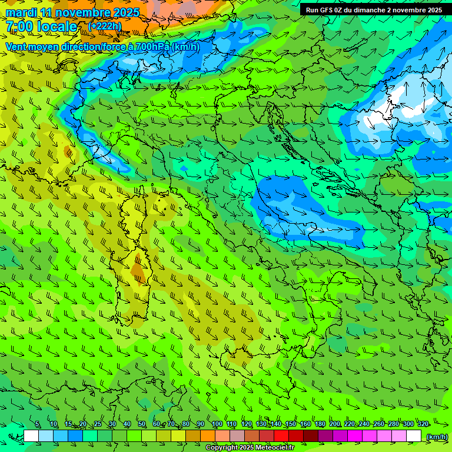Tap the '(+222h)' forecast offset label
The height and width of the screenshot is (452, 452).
pyautogui.click(x=105, y=26)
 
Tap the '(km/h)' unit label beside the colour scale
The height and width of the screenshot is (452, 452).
pyautogui.click(x=437, y=437)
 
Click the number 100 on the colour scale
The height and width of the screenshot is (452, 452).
pyautogui.click(x=217, y=424)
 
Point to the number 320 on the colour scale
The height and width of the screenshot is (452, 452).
pyautogui.click(x=423, y=424)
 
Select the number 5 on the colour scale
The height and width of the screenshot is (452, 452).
pyautogui.click(x=38, y=424)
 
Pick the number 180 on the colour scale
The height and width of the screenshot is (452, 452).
pyautogui.click(x=320, y=424)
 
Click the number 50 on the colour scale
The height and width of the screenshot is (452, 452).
pyautogui.click(x=142, y=424)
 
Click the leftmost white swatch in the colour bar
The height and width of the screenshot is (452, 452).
pyautogui.click(x=31, y=436)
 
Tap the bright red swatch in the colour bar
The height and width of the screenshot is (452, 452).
pyautogui.click(x=281, y=436)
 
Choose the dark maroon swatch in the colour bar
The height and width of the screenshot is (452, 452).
pyautogui.click(x=311, y=436)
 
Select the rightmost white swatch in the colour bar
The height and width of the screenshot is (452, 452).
pyautogui.click(x=414, y=436)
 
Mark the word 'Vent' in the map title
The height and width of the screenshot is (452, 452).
pyautogui.click(x=17, y=46)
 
